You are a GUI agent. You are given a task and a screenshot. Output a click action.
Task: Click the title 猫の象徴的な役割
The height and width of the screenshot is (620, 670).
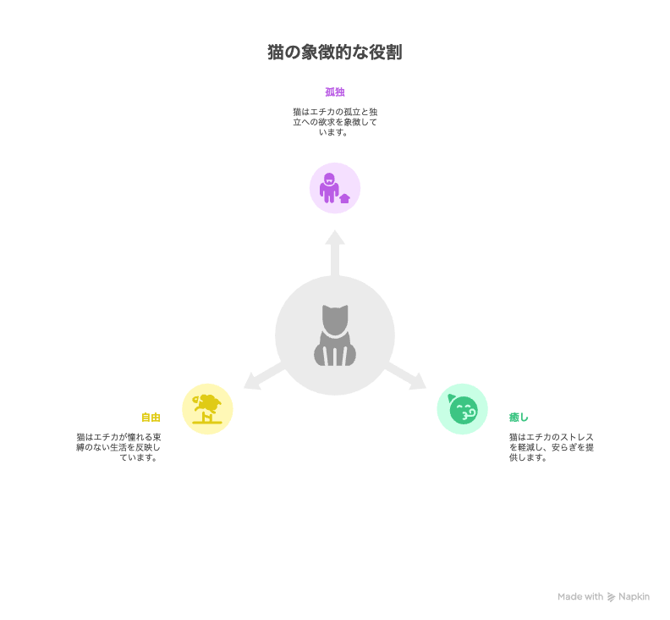[x=334, y=53]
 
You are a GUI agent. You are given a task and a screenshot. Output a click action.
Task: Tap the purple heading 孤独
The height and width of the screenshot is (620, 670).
[x=334, y=91]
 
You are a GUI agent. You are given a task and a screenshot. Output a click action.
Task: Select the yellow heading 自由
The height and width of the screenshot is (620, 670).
[x=151, y=417]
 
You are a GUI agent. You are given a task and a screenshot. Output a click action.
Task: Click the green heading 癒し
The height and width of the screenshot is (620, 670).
[x=519, y=417]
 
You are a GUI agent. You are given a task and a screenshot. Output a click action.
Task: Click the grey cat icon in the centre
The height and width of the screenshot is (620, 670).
[x=334, y=335]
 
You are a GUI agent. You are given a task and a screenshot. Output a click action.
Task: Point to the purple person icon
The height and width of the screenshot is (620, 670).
[x=329, y=187]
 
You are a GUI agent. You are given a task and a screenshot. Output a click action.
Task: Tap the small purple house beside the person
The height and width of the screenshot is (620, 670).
[x=344, y=198]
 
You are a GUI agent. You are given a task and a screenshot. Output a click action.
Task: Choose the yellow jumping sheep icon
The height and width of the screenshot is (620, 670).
[x=207, y=402]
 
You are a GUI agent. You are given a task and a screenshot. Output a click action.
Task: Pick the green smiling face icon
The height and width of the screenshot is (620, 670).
[x=464, y=412]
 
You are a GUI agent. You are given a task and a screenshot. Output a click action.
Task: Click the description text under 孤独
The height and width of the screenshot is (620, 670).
[x=334, y=122]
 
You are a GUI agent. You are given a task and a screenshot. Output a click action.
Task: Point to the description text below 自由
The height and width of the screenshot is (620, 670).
[x=118, y=447]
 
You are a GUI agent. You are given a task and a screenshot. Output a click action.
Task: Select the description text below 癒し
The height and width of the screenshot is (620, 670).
[x=551, y=447]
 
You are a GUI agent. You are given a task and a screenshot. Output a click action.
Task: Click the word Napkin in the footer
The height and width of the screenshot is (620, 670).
[x=634, y=597]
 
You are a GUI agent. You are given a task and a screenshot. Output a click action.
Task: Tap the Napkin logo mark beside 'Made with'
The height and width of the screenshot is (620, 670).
[x=612, y=597]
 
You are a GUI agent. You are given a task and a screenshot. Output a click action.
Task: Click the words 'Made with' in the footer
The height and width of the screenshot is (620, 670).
[x=580, y=597]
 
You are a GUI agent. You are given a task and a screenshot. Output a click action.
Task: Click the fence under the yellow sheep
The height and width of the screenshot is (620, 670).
[x=207, y=419]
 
